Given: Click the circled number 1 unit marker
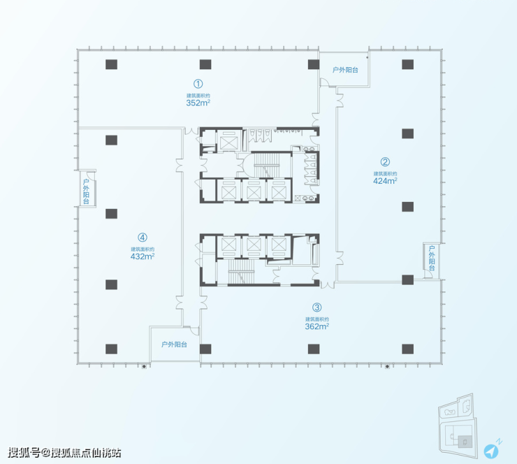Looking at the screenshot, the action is tap(198, 84).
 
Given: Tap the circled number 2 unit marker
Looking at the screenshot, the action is tap(385, 162).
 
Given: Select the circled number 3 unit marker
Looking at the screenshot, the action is tap(317, 307).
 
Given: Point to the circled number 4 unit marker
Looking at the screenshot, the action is tap(143, 238).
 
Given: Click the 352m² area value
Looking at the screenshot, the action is tap(198, 103).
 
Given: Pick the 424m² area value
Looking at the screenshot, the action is tap(385, 181).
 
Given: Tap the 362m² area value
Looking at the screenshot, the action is tap(317, 326).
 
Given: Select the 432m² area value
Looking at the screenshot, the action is tap(143, 256).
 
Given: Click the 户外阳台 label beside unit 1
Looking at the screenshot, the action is tap(345, 70).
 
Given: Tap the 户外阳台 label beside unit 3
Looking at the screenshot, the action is tap(174, 345).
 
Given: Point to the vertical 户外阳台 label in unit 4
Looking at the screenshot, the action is tap(86, 191).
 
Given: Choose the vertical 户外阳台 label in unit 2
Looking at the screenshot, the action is tap(432, 258).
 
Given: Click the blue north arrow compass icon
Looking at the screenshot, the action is tap(491, 451).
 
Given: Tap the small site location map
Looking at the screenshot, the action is tap(458, 426).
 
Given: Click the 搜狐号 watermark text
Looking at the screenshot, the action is tap(24, 452).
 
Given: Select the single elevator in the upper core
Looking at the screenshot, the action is tap(229, 143).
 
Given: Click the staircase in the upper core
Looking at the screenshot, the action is tap(266, 165).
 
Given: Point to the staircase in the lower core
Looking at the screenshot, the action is tap(241, 271).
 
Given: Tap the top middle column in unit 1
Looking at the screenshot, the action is tap(205, 64).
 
